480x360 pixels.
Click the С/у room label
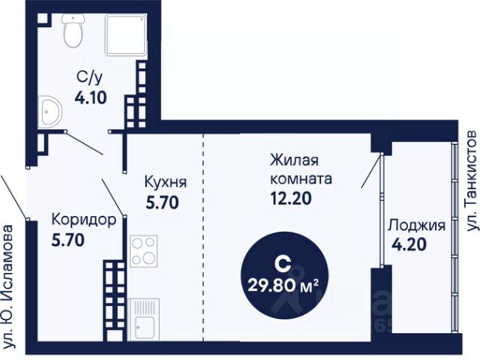click(x=89, y=76)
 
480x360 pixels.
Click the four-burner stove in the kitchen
click(x=143, y=251)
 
